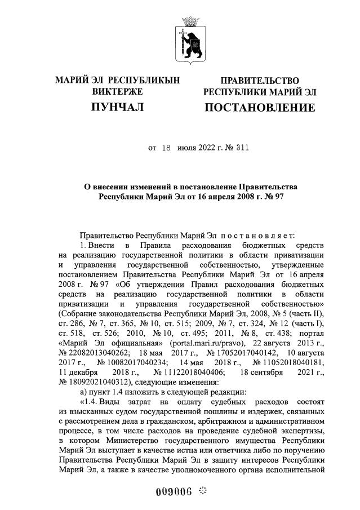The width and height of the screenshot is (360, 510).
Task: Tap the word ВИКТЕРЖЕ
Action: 117,91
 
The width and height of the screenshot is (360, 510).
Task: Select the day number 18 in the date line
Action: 166,149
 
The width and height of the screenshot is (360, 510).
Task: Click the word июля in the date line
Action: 186,149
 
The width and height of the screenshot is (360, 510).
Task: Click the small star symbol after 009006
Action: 202,490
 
